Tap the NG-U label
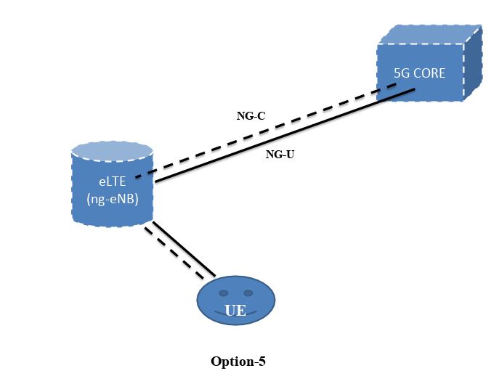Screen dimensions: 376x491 [x=280, y=154]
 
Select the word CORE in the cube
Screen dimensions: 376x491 [x=430, y=73]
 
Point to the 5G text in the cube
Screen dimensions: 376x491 [x=402, y=73]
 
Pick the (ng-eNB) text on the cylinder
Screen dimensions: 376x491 [x=112, y=199]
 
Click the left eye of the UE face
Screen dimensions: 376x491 [x=223, y=293]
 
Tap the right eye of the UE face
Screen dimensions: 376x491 [x=248, y=293]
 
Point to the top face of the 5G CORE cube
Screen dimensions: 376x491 [x=429, y=34]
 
